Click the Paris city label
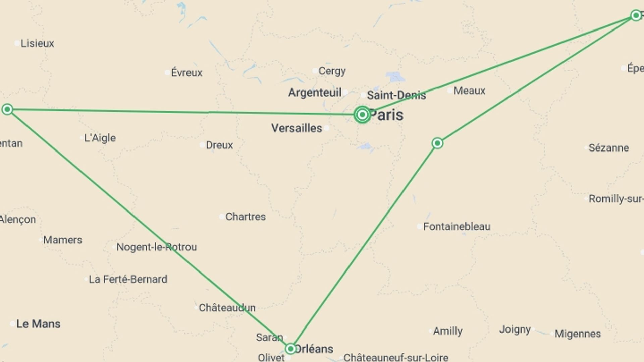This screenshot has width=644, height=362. point(386,115)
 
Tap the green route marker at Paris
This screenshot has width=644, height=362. point(362,115)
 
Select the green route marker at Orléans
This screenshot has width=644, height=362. point(290,349)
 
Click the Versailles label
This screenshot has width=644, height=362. point(297,128)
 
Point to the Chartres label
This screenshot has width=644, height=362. point(245,217)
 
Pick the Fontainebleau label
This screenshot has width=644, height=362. point(457,227)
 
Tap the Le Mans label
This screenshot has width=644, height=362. point(38,324)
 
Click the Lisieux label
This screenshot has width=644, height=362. point(37,43)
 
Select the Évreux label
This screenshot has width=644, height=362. point(186,72)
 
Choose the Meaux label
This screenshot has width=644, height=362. point(469,90)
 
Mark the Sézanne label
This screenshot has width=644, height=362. point(608,147)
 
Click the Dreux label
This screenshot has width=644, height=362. point(219,145)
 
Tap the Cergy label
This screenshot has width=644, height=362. point(332,71)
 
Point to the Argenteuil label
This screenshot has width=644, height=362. point(315,92)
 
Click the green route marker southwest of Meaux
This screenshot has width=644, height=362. point(437,143)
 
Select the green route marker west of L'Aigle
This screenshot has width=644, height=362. point(7,109)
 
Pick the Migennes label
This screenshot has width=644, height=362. point(578,334)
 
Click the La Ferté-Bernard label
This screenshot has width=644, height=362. point(128,279)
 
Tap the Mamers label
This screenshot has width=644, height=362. point(62,240)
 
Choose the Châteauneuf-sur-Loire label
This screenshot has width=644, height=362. point(396,357)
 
